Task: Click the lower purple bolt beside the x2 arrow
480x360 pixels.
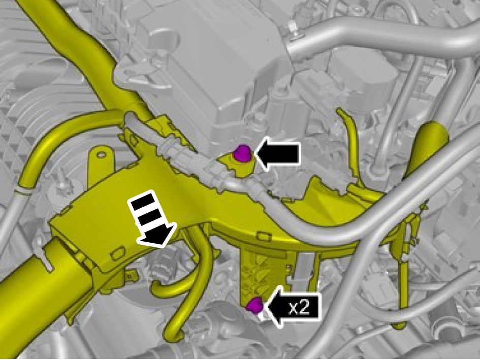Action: click(254, 306)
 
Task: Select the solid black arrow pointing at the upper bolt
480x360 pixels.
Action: click(276, 154)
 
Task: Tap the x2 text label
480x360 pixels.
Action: click(299, 309)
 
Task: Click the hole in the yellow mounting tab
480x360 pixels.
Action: click(101, 155)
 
